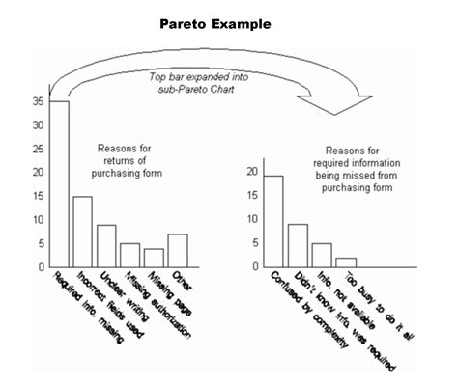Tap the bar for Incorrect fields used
coord(82,232)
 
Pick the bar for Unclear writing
coord(106,246)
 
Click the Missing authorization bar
coord(129,255)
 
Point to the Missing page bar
coord(154,258)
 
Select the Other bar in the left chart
coord(177,250)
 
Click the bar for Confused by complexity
coord(273,221)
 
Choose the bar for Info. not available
coord(322,255)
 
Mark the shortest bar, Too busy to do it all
coord(346,261)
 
